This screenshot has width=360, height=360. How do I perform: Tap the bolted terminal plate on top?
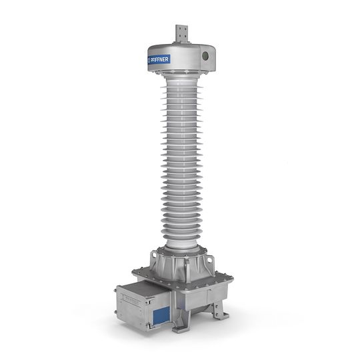click(180, 33)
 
